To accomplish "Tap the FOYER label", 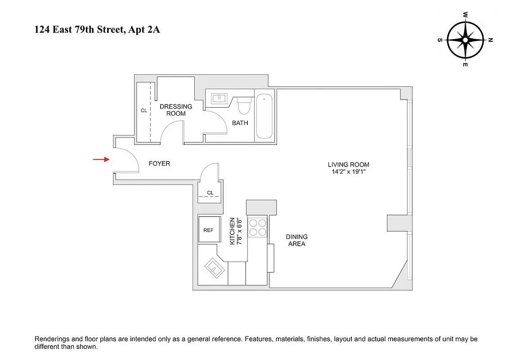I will point(159,164).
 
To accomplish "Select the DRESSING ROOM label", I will point(176,110).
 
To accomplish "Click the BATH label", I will point(240,123).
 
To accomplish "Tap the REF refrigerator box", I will point(208,230).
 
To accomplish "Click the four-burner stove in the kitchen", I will point(257,227).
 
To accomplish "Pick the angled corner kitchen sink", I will point(215,269).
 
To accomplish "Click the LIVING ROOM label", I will point(348,165).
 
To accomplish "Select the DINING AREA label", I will point(296,240).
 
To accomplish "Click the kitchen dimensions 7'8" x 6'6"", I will point(239,231).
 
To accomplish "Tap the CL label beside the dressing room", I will point(144,110).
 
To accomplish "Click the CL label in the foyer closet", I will point(210,193).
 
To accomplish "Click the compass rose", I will point(465,40).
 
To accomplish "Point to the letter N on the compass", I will point(490,40).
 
